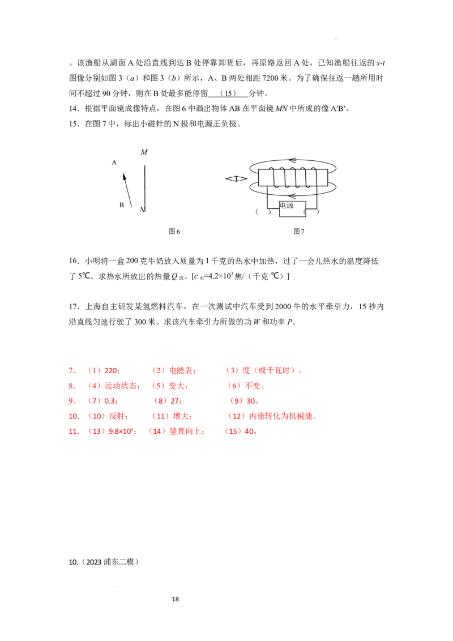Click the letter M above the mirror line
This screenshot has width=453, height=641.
(144, 152)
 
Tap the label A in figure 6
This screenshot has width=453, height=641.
(114, 163)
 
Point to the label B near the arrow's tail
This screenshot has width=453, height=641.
(121, 205)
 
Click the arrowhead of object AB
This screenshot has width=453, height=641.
(124, 176)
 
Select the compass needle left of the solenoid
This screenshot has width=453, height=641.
(236, 178)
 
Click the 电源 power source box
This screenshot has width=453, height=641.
(292, 209)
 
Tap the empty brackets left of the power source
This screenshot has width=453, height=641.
(263, 212)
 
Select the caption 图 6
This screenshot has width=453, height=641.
(174, 232)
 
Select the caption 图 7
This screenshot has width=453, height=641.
(299, 232)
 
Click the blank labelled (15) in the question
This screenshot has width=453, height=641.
(228, 93)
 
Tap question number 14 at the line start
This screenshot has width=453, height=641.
(74, 108)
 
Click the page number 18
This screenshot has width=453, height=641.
(176, 599)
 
